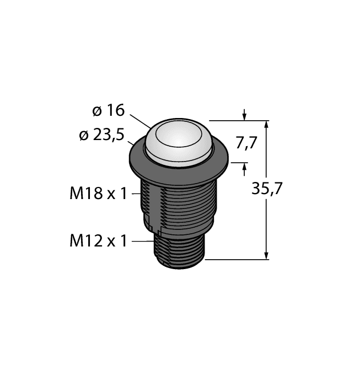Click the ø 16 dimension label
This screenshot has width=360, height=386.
108,111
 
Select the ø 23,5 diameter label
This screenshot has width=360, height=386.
103,135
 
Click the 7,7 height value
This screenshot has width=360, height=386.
246,143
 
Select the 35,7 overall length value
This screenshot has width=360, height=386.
267,189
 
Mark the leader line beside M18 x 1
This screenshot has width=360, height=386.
136,194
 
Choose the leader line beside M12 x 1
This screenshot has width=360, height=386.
142,241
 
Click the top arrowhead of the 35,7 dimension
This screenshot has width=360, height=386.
267,125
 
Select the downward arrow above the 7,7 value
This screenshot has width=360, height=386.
245,116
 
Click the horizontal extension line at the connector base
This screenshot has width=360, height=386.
237,258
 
